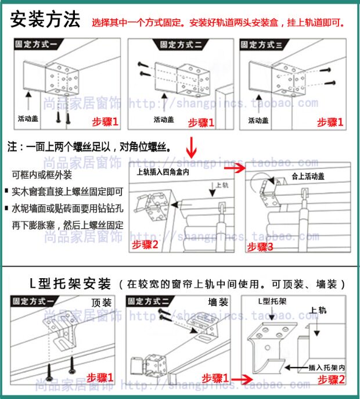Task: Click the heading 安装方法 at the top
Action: click(x=45, y=20)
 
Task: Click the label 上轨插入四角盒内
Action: click(x=163, y=172)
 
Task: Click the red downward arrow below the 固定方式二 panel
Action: click(x=191, y=145)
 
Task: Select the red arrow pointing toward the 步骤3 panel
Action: click(x=233, y=168)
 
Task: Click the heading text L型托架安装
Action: click(x=70, y=284)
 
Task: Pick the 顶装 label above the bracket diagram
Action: click(x=101, y=303)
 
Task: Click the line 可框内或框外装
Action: click(x=42, y=175)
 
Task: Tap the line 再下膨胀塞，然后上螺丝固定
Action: click(x=67, y=224)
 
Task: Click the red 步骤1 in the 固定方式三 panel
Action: click(x=330, y=122)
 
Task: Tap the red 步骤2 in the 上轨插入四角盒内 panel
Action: click(x=145, y=244)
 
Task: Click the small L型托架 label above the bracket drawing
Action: click(x=273, y=303)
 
